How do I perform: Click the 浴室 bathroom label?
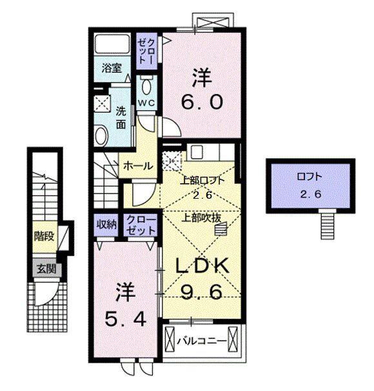(x=112, y=68)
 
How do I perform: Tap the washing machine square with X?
(x=101, y=102)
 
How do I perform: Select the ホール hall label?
(x=138, y=166)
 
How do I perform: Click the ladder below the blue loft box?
(x=328, y=226)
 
